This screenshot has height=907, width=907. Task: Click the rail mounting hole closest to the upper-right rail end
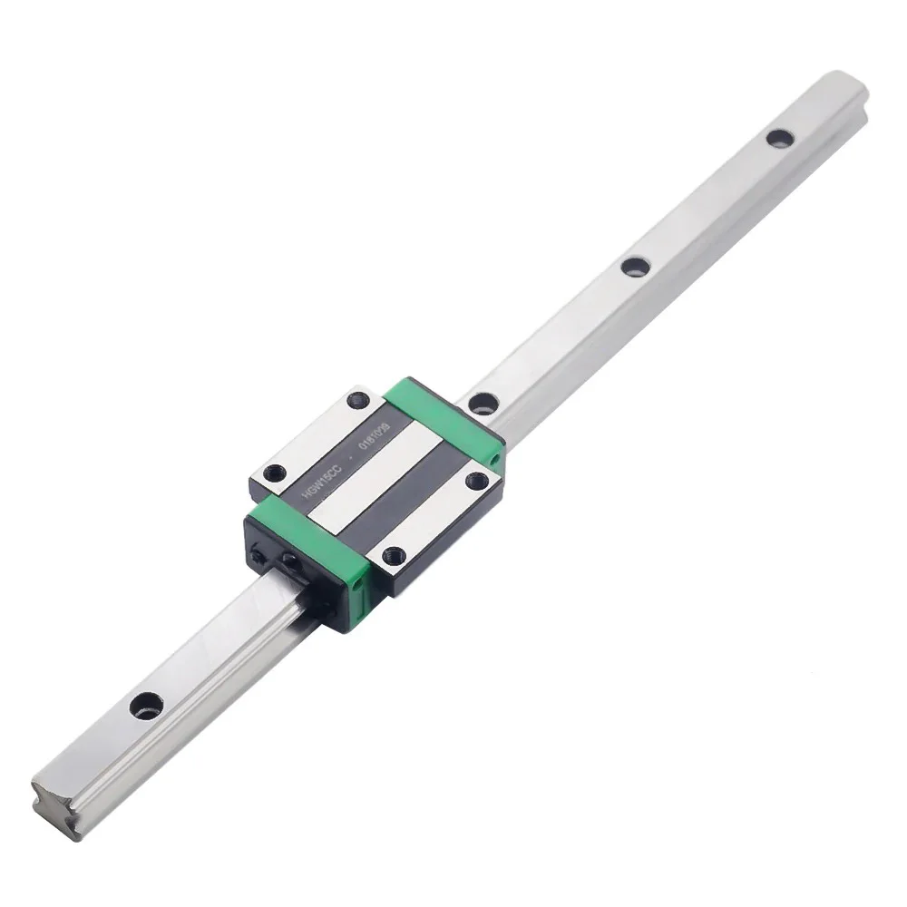(x=776, y=138)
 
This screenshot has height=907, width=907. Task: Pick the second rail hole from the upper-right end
(x=634, y=266)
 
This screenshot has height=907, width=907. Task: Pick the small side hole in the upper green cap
(x=493, y=460)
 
